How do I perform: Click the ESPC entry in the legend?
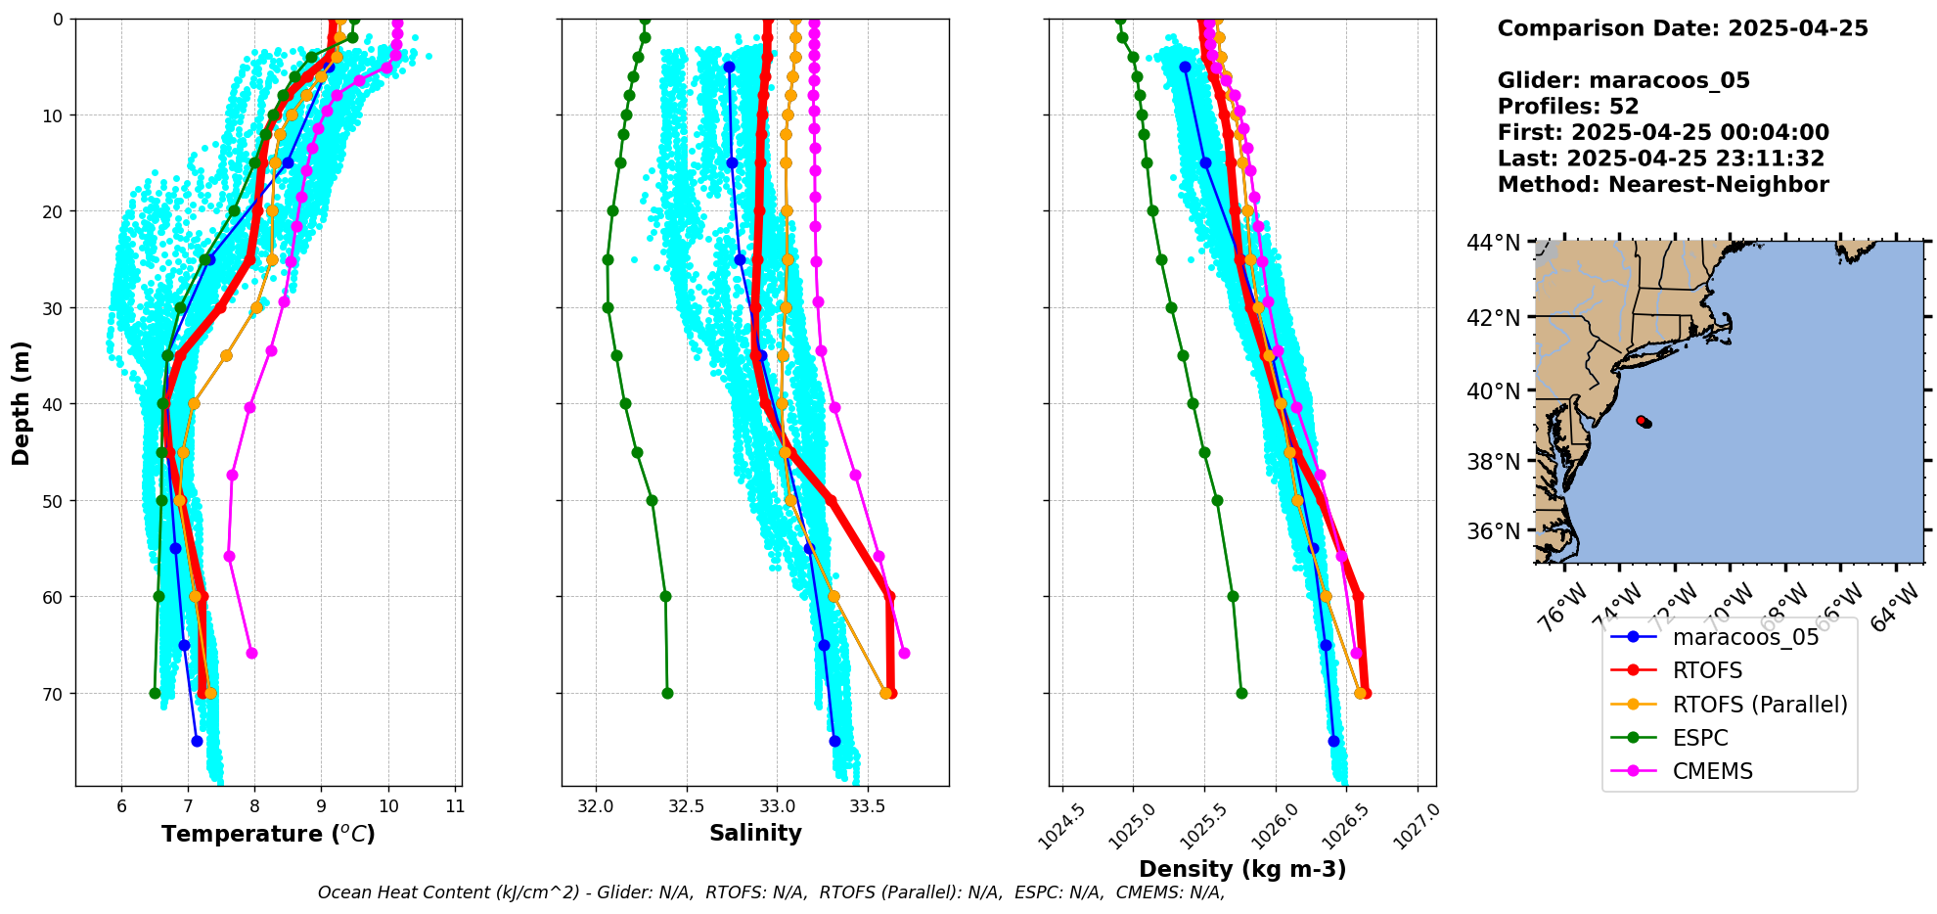pyautogui.click(x=1699, y=738)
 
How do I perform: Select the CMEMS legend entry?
pyautogui.click(x=1712, y=771)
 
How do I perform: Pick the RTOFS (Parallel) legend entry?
pyautogui.click(x=1759, y=705)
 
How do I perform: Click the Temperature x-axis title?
pyautogui.click(x=268, y=834)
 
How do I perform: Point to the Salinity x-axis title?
pyautogui.click(x=755, y=833)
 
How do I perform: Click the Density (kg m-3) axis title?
pyautogui.click(x=1242, y=869)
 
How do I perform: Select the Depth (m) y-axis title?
pyautogui.click(x=22, y=402)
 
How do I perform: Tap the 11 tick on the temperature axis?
pyautogui.click(x=455, y=807)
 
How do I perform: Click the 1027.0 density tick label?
pyautogui.click(x=1416, y=827)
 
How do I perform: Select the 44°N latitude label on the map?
pyautogui.click(x=1494, y=242)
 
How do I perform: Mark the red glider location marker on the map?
pyautogui.click(x=1644, y=422)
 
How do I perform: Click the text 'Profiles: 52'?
pyautogui.click(x=1567, y=107)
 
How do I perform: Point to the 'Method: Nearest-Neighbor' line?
pyautogui.click(x=1662, y=185)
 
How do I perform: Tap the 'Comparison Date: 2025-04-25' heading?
pyautogui.click(x=1682, y=28)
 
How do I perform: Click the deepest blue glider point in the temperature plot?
pyautogui.click(x=197, y=741)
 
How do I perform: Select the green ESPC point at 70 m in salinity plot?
pyautogui.click(x=667, y=693)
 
